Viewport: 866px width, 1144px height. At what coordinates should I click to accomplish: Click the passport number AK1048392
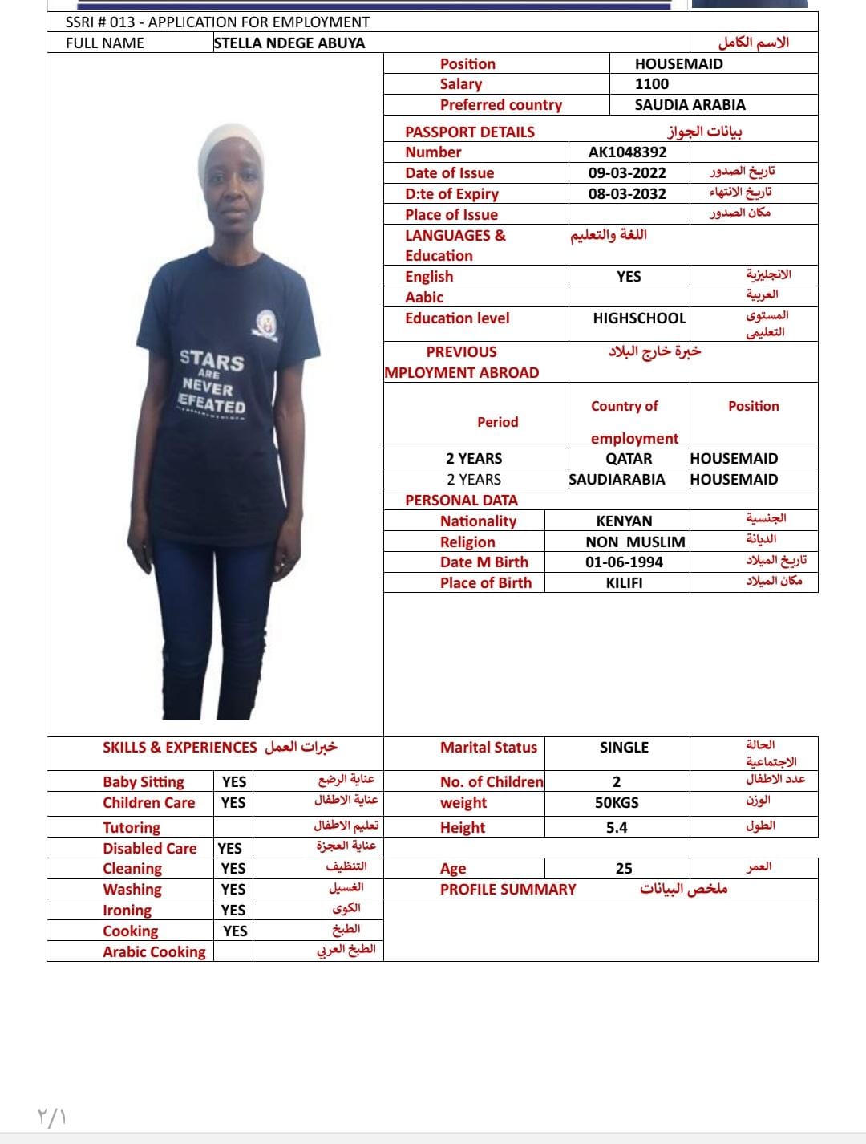pos(627,152)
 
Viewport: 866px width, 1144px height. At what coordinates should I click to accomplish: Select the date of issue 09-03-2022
pos(627,173)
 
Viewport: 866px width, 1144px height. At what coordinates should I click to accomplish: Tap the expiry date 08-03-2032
pos(627,194)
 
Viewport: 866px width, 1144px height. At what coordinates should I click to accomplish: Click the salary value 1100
pos(651,84)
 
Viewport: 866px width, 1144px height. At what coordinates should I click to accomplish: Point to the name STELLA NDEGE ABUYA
pos(289,43)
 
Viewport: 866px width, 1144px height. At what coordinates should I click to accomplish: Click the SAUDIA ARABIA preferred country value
pos(690,105)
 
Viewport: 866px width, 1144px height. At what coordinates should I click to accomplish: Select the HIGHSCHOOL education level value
pos(639,318)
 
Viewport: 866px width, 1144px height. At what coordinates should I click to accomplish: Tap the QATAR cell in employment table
pos(629,459)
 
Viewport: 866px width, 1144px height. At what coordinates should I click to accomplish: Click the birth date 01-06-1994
pos(624,562)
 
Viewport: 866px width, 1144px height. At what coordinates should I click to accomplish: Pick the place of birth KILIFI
pos(624,583)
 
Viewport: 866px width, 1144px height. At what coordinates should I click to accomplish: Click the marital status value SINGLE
pos(624,748)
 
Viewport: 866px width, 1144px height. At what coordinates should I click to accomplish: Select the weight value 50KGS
pos(617,803)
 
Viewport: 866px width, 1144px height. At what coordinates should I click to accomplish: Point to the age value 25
pos(624,869)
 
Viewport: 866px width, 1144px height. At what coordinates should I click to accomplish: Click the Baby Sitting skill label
pos(144,782)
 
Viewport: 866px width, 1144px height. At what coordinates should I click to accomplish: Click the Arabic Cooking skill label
pos(154,952)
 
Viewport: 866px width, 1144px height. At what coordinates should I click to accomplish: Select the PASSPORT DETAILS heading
pos(470,132)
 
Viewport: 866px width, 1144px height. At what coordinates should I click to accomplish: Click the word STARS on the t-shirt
pos(212,360)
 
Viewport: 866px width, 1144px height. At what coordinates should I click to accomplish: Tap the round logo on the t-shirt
pos(266,324)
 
